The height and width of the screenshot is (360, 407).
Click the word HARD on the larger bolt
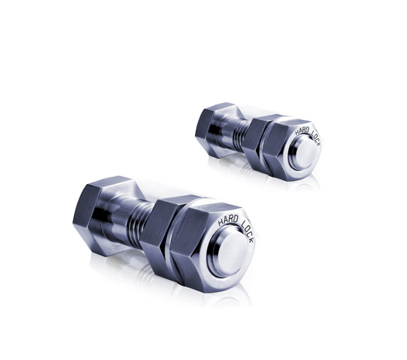tap(228, 220)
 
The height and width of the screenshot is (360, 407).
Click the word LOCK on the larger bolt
tap(247, 231)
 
